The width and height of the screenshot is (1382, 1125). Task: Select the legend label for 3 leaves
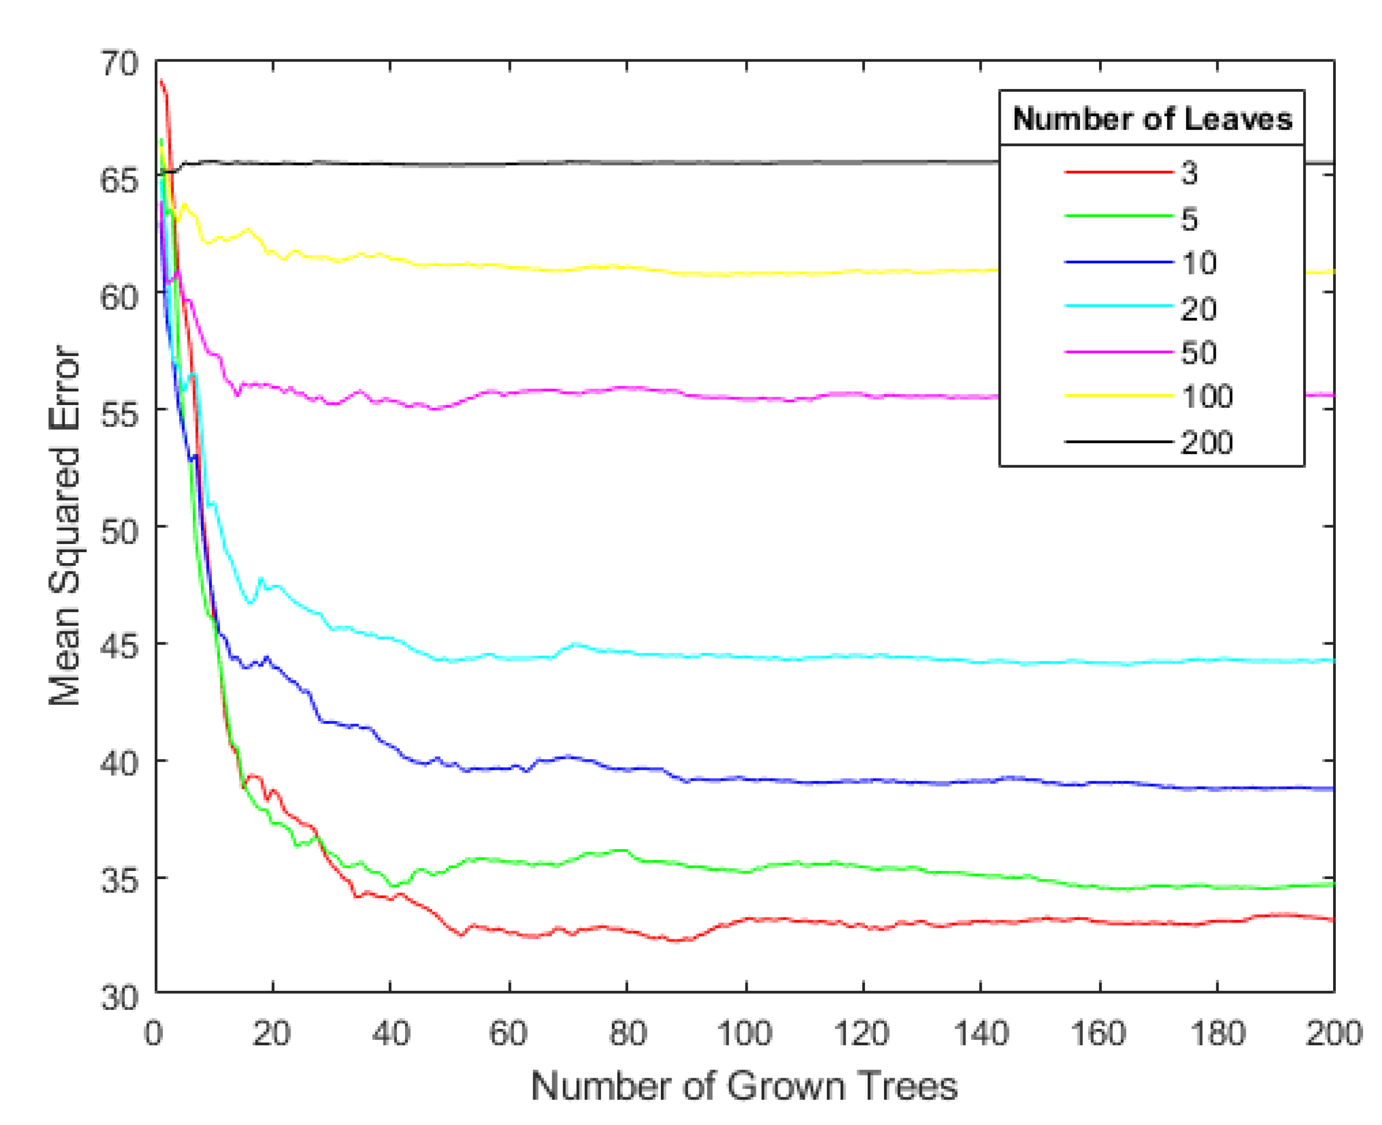(1189, 173)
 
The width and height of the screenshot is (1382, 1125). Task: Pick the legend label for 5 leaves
(1189, 219)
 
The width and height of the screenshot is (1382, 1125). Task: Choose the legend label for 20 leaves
(1198, 308)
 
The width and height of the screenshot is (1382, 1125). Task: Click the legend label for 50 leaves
(1198, 353)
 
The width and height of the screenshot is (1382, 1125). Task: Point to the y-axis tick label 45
(119, 645)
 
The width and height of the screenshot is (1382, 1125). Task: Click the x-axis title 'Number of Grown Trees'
(744, 1086)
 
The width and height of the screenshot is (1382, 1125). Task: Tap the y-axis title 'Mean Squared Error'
(65, 526)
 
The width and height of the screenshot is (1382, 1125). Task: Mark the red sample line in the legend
(1118, 172)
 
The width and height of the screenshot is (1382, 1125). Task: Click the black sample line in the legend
(1118, 442)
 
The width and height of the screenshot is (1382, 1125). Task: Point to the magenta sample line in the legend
(1118, 352)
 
